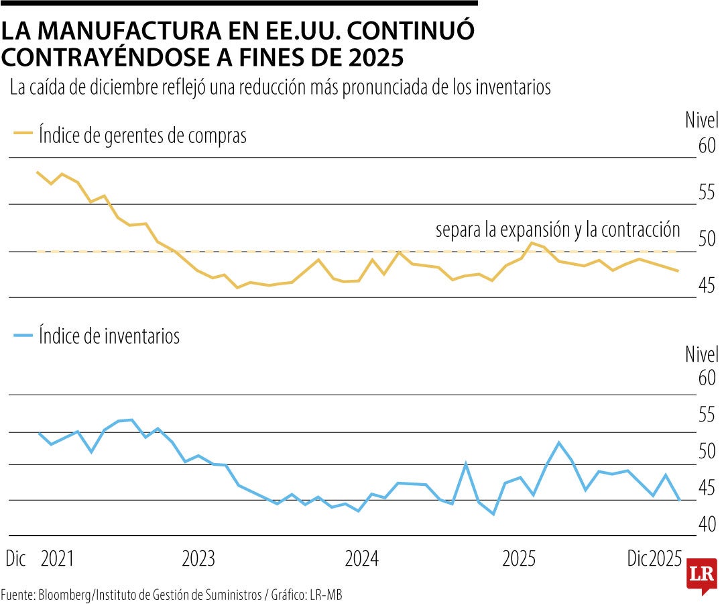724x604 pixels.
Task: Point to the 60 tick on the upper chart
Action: (707, 145)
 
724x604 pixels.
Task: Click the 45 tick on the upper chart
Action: (707, 287)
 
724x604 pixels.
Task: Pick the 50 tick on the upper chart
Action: (707, 240)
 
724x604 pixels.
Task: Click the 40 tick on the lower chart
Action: (707, 524)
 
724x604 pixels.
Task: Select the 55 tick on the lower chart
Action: (707, 415)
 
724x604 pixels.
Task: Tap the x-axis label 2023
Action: (198, 558)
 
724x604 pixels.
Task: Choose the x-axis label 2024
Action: (361, 558)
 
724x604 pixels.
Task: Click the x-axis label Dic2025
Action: (654, 558)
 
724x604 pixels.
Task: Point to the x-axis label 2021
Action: (58, 558)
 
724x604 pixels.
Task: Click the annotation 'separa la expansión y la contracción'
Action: (558, 230)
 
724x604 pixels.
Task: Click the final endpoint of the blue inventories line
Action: (680, 500)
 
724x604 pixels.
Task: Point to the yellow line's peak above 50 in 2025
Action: (532, 243)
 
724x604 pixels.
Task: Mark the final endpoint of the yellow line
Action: (679, 271)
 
